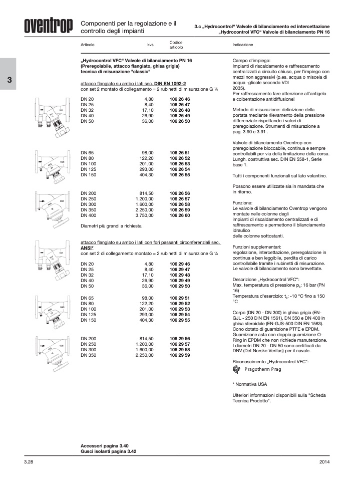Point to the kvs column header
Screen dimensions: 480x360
(150, 45)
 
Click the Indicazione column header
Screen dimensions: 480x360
(243, 45)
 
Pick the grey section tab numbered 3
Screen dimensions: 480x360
(9, 81)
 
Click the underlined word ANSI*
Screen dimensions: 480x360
(87, 248)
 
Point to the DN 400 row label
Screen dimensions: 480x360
(87, 215)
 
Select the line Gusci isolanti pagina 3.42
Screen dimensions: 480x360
(108, 451)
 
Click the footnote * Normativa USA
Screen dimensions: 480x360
(250, 384)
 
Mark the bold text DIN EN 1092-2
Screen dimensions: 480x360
(170, 83)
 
